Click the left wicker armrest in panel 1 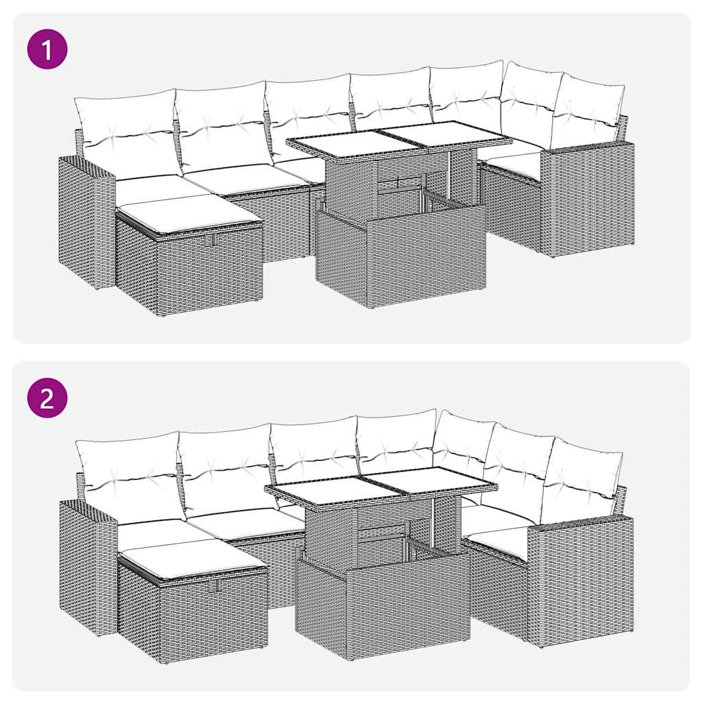pyautogui.click(x=86, y=219)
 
